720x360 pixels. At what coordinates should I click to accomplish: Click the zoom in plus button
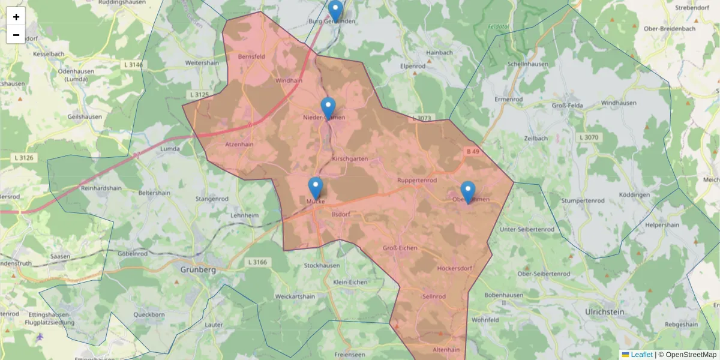tap(16, 17)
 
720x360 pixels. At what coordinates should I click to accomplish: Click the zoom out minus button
tap(16, 35)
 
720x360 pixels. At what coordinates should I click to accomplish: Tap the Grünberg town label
tap(197, 270)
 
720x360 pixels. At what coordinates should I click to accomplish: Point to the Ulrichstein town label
tap(604, 312)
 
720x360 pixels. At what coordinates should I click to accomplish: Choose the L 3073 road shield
tap(422, 118)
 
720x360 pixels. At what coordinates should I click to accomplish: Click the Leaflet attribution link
tap(641, 355)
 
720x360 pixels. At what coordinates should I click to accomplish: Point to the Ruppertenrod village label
tap(417, 180)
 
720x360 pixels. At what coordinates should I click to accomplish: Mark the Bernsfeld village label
tap(251, 57)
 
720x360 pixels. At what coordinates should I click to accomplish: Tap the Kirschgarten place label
tap(350, 158)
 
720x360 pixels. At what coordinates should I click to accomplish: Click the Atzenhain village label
tap(239, 145)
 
